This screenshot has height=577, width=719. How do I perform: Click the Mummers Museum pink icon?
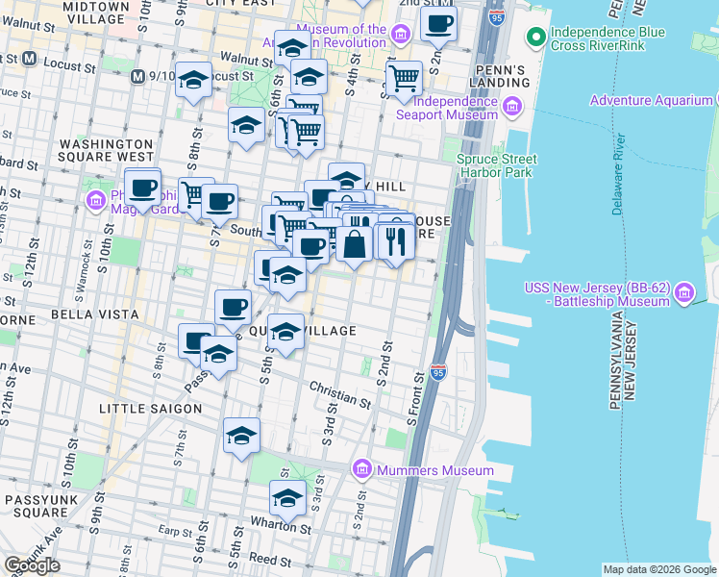point(362,468)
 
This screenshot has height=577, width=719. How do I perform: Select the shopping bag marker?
point(354,242)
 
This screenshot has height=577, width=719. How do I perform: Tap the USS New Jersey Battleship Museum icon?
point(683,289)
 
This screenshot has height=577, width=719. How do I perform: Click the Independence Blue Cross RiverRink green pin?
point(534,38)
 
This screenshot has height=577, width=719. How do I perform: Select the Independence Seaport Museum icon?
point(512,106)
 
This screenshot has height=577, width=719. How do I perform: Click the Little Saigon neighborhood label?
point(150,409)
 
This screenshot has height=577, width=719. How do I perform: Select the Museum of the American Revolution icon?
point(402,35)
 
